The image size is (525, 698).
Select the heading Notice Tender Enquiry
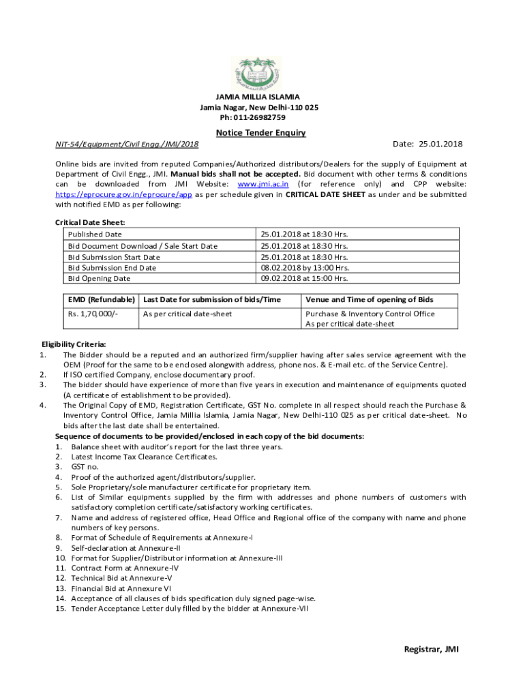click(261, 133)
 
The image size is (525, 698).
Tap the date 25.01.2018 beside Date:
click(440, 144)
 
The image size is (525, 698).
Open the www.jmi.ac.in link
click(262, 184)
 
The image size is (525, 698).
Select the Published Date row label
click(95, 234)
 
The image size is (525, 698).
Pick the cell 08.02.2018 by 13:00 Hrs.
click(304, 268)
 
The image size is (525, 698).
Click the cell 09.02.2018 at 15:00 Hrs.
click(304, 278)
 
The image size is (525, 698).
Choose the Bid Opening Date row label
click(99, 278)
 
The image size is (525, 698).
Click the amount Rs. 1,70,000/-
click(93, 314)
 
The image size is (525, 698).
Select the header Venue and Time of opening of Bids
click(369, 300)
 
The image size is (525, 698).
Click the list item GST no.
click(85, 467)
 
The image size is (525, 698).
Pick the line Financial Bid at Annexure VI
click(121, 588)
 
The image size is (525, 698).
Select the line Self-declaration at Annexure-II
click(125, 548)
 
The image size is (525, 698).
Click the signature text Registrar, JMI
click(432, 650)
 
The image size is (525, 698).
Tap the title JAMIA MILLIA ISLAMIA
click(258, 97)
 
